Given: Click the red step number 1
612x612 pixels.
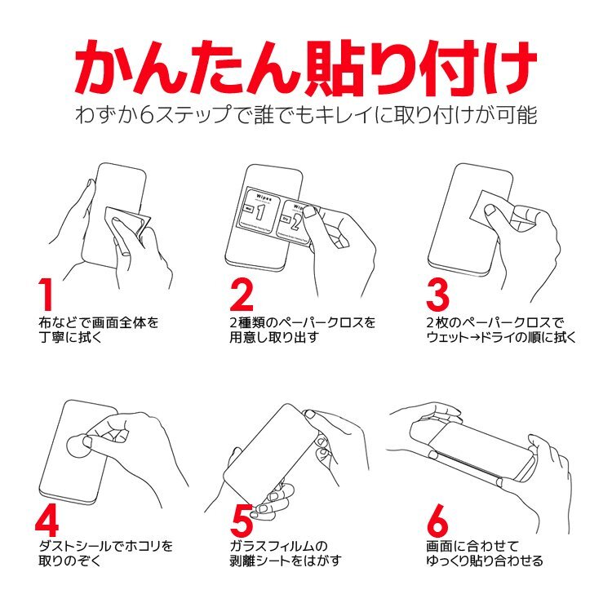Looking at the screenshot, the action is coord(46,295).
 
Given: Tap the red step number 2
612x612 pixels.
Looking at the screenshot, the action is coord(242,295).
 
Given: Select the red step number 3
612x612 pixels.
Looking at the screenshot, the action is coord(438,295).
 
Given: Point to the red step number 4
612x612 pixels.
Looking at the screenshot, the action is coord(47,520).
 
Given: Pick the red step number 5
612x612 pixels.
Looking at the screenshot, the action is coord(242,520).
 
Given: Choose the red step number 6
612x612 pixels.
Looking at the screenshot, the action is coord(438,520).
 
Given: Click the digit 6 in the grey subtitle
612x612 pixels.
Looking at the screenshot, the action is coord(146,115).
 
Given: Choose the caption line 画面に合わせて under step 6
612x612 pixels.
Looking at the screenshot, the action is coord(472,547).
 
